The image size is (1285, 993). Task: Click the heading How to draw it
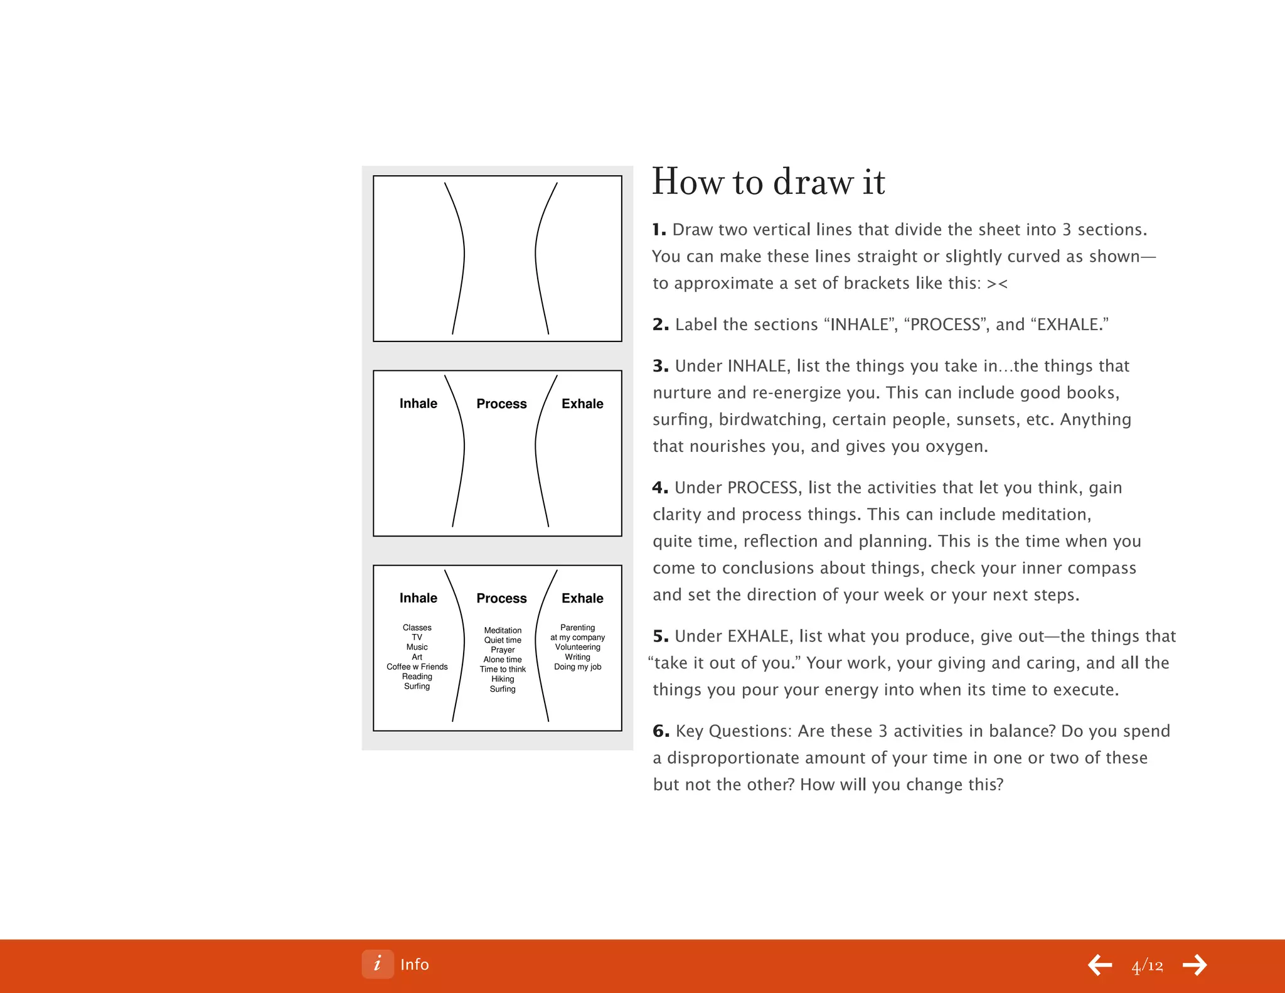[x=768, y=182]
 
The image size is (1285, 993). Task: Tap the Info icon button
[x=377, y=964]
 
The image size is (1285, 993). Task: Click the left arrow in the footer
[x=1100, y=965]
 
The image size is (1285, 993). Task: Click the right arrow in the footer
[x=1195, y=965]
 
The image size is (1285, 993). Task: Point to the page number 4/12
[x=1147, y=965]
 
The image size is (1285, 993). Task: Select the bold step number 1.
[x=658, y=230]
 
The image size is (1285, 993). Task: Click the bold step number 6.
[x=661, y=731]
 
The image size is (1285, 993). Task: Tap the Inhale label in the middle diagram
[x=419, y=404]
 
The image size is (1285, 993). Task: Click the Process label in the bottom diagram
[x=501, y=598]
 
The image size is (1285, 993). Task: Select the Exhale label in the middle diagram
[x=582, y=404]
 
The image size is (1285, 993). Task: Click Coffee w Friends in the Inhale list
[x=417, y=667]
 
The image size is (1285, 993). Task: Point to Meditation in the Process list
[x=503, y=630]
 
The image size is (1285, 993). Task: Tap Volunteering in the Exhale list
[x=577, y=647]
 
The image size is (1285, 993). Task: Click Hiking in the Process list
[x=503, y=679]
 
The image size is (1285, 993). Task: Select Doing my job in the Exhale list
[x=577, y=667]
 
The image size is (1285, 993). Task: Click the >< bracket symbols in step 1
[x=997, y=284]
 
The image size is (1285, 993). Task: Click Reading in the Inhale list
[x=417, y=677]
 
